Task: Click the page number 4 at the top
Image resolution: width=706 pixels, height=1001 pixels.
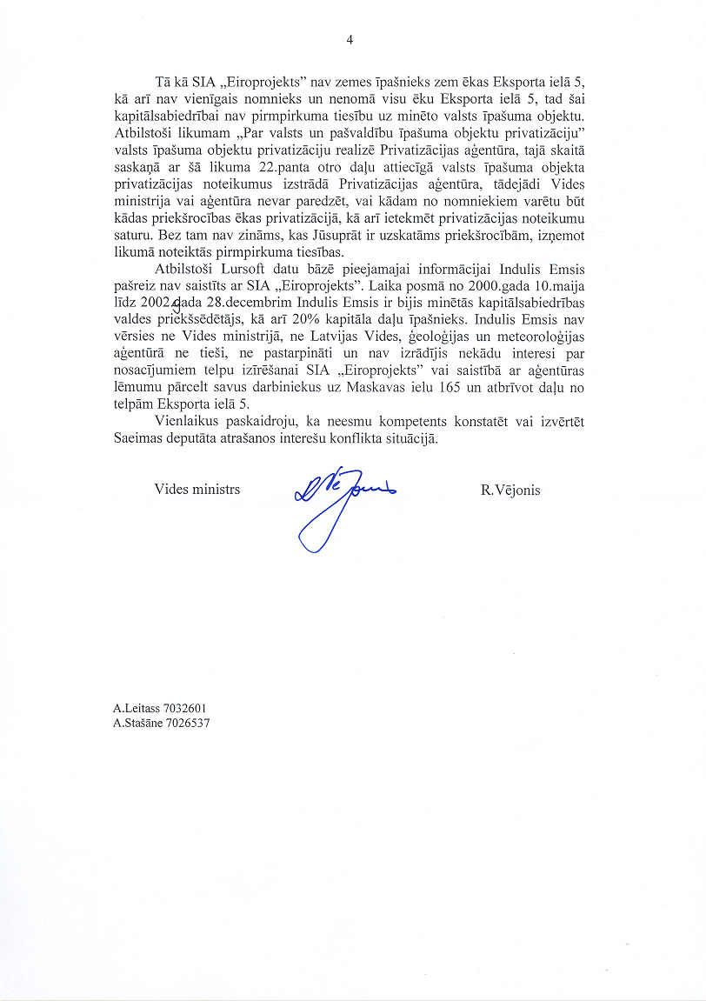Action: pos(350,39)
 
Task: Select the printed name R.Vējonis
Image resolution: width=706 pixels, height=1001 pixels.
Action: pos(510,490)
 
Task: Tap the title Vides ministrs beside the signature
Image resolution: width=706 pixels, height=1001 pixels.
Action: pos(197,490)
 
